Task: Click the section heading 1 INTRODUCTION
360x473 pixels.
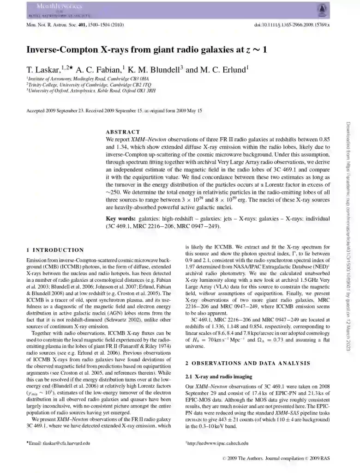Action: tap(55, 250)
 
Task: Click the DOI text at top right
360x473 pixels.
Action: tap(292, 24)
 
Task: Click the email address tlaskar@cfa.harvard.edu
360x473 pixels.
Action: tap(60, 443)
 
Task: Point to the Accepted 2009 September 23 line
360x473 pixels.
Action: tap(114, 111)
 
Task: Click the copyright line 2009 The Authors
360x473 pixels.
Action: tap(276, 459)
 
